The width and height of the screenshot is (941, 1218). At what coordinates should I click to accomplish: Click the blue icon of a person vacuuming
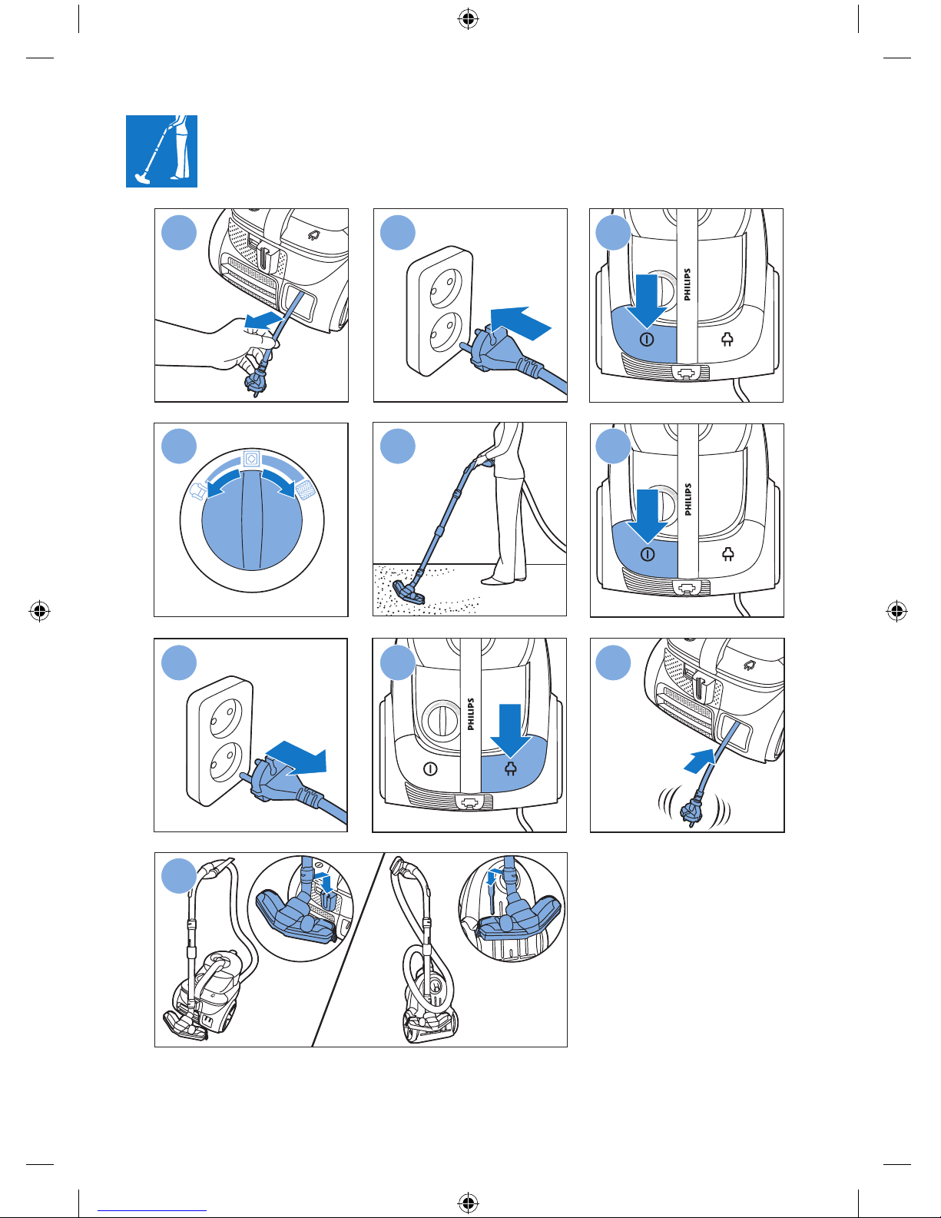[x=161, y=151]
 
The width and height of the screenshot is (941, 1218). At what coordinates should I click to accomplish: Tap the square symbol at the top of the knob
[x=250, y=459]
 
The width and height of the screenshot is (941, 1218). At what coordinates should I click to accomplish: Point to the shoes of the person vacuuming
[x=504, y=579]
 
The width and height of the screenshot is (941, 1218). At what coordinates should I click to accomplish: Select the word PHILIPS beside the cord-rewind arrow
[x=471, y=714]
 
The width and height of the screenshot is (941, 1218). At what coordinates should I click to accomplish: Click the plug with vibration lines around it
[x=694, y=808]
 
